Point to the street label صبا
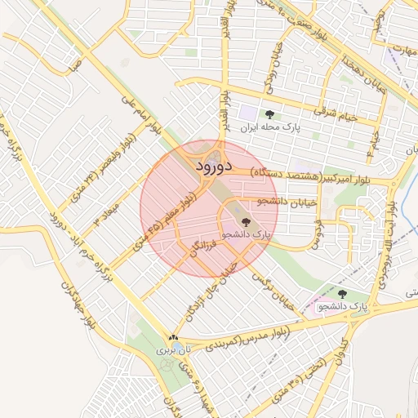point(74,63)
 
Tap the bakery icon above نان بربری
point(172,336)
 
